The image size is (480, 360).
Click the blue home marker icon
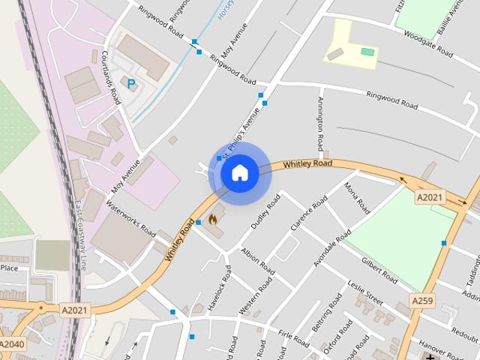pos(239,173)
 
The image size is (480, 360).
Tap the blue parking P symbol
pos(132,85)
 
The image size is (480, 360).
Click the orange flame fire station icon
pos(213,220)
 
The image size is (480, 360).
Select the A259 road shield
pos(421,300)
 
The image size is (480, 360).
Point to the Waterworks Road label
pos(130,217)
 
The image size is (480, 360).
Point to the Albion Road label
pos(257,259)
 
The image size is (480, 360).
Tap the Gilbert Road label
pos(379,271)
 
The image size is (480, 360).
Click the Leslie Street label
pos(365,294)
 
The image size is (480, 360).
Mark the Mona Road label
pos(355,196)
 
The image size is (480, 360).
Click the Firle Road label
pos(293,338)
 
